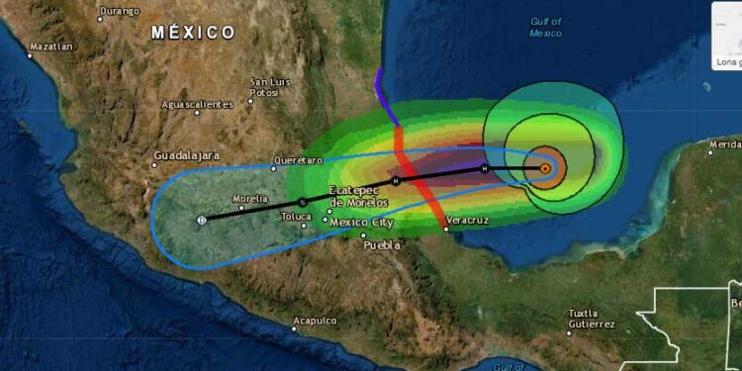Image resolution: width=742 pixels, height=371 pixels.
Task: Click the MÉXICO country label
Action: (x=194, y=33)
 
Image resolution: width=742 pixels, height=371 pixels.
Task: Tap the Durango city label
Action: (x=119, y=12)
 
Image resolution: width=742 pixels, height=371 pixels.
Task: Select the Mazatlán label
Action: (x=51, y=46)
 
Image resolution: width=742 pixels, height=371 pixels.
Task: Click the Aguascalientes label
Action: (x=198, y=104)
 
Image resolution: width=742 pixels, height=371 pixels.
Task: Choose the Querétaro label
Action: (x=301, y=160)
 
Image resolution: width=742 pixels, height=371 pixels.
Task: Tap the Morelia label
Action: (x=250, y=199)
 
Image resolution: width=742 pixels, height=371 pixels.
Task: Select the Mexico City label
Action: (x=363, y=222)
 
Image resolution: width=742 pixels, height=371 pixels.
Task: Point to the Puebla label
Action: (x=382, y=244)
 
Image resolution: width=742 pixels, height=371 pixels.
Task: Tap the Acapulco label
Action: (x=315, y=321)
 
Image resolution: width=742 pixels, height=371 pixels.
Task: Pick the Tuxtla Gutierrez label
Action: (x=592, y=319)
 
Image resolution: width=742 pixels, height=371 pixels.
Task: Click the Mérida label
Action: (x=724, y=145)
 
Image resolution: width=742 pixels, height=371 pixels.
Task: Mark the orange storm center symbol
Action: (x=545, y=168)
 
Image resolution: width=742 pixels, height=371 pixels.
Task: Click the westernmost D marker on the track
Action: (x=202, y=219)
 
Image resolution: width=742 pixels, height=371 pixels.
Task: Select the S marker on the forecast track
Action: (x=303, y=202)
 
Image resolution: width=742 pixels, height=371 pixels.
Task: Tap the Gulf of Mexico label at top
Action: (x=545, y=27)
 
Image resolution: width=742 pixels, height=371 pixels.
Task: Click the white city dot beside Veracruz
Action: (x=446, y=230)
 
